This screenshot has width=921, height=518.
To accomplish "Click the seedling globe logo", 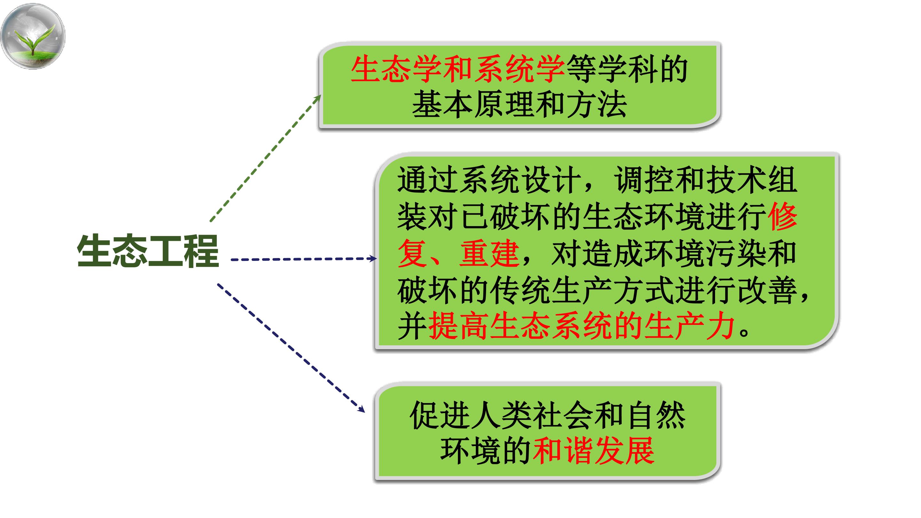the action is pos(33,36).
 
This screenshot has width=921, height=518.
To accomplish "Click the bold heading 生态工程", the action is pos(148,251).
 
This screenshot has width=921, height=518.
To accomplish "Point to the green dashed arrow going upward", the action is pos(265,158).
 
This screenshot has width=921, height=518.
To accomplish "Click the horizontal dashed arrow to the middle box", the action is pos(303,259).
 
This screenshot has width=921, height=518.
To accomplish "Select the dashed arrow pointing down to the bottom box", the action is pos(291,348).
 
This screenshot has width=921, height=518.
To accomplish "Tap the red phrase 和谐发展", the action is pos(594,451).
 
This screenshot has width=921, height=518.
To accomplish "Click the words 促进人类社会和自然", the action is pos(547,416).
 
